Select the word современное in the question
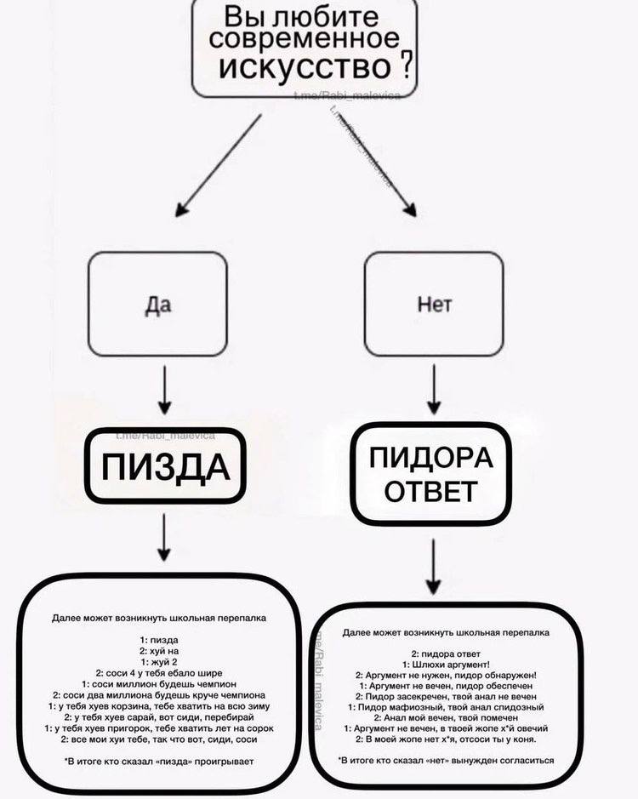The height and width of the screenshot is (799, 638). [304, 39]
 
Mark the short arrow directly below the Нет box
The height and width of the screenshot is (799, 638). [436, 391]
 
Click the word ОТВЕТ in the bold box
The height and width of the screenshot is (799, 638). [431, 491]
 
